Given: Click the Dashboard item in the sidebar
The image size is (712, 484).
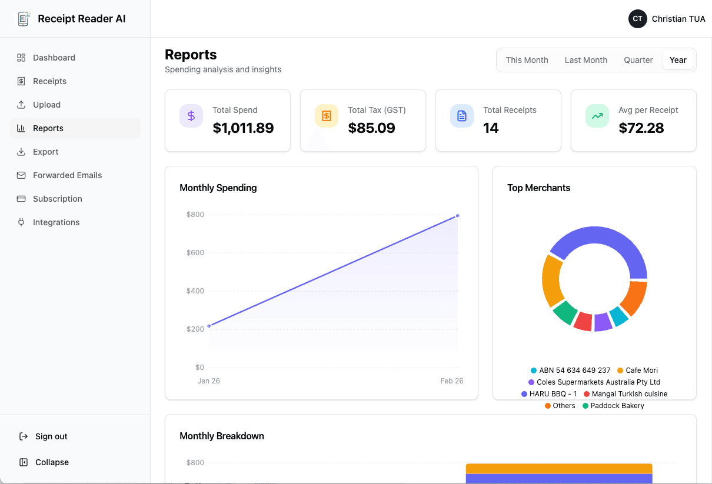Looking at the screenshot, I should point(54,58).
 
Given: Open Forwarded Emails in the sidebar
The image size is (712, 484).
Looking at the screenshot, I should point(67,175).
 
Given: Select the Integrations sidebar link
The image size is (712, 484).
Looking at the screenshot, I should point(56,222).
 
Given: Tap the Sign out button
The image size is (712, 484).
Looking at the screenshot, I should point(51,436).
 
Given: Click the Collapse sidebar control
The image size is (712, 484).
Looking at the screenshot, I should point(51,462).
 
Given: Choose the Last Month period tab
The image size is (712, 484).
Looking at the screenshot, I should point(585,60).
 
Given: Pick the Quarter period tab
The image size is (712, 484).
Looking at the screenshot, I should point(638,60).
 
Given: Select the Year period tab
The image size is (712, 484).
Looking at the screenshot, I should point(678,60).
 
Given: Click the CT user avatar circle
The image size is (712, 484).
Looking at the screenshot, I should point(637,19).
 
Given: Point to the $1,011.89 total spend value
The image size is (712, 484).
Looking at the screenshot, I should point(243,128).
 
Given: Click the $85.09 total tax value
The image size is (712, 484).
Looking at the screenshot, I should point(371,128).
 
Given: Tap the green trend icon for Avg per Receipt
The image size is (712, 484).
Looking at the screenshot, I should point(597,116).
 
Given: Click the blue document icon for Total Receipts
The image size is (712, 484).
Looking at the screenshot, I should point(462,116).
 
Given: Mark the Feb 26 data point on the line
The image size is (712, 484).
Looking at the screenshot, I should point(457,215).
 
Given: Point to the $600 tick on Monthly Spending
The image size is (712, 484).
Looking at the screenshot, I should point(195,253).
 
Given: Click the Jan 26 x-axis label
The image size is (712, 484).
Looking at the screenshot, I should point(209,381).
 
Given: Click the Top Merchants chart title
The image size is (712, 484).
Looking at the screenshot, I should point(538,188).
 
